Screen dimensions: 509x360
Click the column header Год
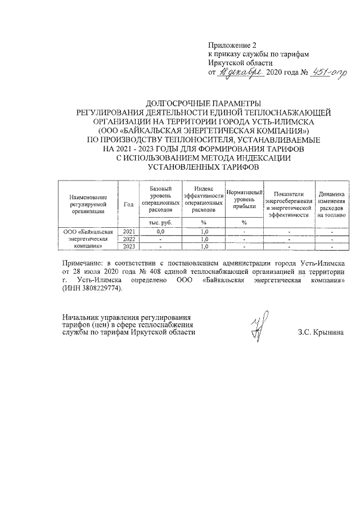click(128, 204)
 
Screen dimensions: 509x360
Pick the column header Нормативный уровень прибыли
click(245, 200)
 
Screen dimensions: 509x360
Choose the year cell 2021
click(129, 231)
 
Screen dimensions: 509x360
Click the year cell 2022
click(129, 238)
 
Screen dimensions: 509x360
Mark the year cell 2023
click(129, 246)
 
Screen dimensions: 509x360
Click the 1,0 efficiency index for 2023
click(204, 246)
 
